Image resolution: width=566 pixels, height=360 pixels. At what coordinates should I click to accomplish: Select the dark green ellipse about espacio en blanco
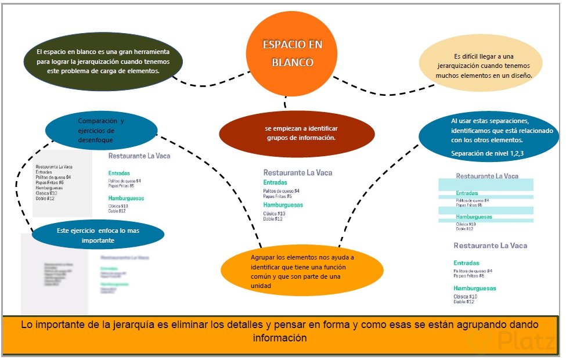(103, 61)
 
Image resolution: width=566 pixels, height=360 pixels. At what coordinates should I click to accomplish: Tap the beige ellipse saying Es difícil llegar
(480, 66)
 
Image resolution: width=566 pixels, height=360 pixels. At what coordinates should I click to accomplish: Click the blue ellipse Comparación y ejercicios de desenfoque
(101, 131)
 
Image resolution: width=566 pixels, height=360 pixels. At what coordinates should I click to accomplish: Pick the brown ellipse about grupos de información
(297, 133)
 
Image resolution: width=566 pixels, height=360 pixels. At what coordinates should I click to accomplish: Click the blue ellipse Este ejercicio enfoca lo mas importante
(98, 235)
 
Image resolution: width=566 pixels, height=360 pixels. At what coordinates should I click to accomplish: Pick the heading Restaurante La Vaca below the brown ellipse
(298, 172)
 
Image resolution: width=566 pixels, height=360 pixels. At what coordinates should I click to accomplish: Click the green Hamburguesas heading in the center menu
(283, 205)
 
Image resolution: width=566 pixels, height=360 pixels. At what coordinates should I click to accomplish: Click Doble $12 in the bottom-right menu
(464, 302)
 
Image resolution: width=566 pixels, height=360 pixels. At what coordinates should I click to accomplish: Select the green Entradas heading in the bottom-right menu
(466, 263)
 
